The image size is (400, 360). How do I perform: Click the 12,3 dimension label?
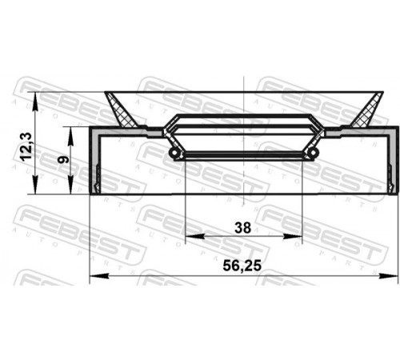(x=26, y=146)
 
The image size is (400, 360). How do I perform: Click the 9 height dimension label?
(x=64, y=159)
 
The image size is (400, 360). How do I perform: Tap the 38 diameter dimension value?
(x=243, y=228)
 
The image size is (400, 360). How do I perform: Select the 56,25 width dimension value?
(x=242, y=266)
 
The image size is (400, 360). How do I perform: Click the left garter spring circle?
(x=174, y=153)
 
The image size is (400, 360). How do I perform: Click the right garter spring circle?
(x=314, y=153)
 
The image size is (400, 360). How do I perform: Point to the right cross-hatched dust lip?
(x=367, y=110)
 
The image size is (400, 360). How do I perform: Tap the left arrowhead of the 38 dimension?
(x=194, y=236)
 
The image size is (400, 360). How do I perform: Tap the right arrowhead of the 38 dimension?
(x=293, y=236)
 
